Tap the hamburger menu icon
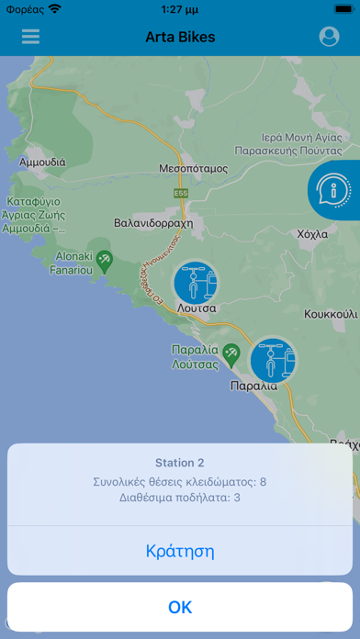pos(31,37)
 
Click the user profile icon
pos(329,37)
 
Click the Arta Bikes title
pos(180,37)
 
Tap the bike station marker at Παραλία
pos(273,359)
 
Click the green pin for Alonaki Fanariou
pos(106,262)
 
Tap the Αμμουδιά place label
pos(42,162)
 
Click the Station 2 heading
pos(180,463)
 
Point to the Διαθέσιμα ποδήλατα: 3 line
pos(180,499)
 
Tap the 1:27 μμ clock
pos(180,9)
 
